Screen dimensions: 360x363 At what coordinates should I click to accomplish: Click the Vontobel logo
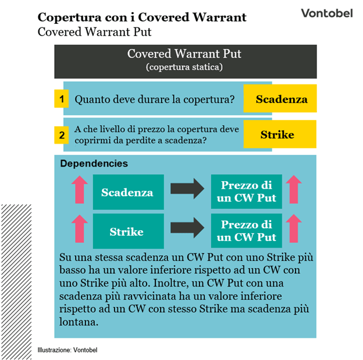pos(326,13)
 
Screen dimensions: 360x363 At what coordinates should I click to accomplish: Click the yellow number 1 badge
pos(61,99)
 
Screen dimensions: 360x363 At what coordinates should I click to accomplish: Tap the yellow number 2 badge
pos(61,135)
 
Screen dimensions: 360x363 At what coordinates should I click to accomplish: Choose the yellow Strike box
pos(277,135)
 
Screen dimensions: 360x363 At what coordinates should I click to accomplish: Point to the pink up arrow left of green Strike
pos(79,230)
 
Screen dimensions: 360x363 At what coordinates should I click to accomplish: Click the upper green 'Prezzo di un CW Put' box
pos(246,192)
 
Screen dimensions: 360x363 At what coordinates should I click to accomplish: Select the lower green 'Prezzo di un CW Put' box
pos(246,231)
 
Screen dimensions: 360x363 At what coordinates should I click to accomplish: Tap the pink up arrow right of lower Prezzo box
pos(294,229)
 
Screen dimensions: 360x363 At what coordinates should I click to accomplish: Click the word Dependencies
pos(94,164)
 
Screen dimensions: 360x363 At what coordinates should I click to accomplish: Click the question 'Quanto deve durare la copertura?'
pos(155,100)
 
